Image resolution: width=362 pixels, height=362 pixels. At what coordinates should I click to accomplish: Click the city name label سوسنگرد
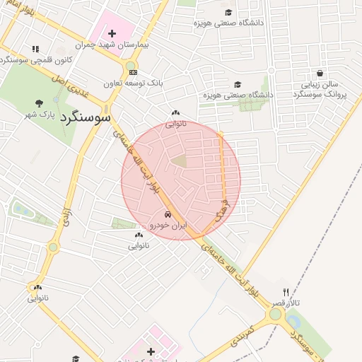click(x=85, y=116)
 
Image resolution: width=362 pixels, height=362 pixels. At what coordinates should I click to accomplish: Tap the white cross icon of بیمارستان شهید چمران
click(x=112, y=33)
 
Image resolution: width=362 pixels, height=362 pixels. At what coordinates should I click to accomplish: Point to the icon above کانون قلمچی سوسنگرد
click(x=35, y=49)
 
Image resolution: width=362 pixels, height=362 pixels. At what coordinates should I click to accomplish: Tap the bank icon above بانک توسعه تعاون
click(x=134, y=72)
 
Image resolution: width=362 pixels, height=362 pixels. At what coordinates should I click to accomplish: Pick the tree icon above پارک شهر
click(x=39, y=103)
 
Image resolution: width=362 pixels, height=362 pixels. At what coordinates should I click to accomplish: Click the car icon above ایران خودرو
click(x=167, y=215)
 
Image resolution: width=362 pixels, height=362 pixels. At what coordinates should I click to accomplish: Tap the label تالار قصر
click(x=289, y=302)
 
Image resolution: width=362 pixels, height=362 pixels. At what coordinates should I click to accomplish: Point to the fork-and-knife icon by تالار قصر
click(x=286, y=292)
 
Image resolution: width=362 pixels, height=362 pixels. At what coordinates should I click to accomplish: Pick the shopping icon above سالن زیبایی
click(x=320, y=73)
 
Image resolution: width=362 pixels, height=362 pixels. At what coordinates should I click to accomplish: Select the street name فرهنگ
click(x=225, y=206)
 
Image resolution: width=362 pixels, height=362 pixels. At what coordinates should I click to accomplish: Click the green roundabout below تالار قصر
click(x=275, y=313)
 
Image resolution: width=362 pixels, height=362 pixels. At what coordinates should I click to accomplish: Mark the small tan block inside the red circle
click(x=180, y=161)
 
